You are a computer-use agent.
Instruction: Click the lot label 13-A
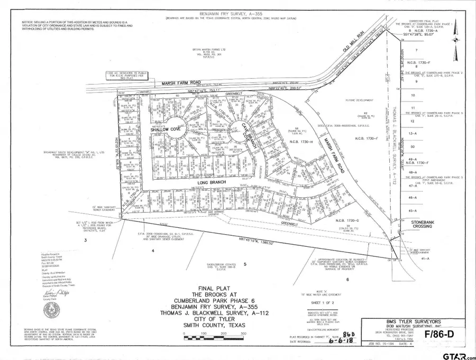423,135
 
